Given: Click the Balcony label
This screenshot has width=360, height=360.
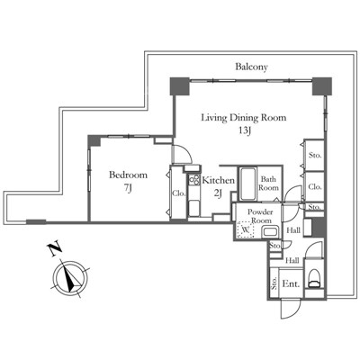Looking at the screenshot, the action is [251, 67].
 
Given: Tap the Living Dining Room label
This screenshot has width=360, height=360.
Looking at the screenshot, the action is [243, 117].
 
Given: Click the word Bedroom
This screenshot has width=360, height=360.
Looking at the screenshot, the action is [128, 175].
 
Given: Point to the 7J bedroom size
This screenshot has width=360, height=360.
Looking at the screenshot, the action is [128, 188].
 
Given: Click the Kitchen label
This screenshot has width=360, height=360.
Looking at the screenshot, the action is [219, 180].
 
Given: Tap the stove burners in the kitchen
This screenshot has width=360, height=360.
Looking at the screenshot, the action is [194, 180].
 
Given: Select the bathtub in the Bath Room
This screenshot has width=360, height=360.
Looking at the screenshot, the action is [248, 184].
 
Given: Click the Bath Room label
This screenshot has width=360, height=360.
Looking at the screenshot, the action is [268, 184].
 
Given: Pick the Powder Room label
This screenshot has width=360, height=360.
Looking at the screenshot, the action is [260, 216].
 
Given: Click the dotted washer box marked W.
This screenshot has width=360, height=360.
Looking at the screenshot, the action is [246, 230].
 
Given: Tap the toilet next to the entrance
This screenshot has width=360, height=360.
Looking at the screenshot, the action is [314, 278].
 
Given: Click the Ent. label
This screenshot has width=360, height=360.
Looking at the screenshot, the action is [291, 283].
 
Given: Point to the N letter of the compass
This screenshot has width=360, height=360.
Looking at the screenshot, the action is [55, 249].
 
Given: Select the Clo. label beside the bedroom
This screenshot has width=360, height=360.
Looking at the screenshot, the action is [179, 193].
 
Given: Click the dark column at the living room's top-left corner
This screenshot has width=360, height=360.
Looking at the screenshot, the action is [180, 86].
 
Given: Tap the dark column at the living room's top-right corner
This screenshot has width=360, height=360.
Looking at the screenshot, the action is [322, 86].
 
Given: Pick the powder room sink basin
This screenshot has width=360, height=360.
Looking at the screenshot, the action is [270, 232].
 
